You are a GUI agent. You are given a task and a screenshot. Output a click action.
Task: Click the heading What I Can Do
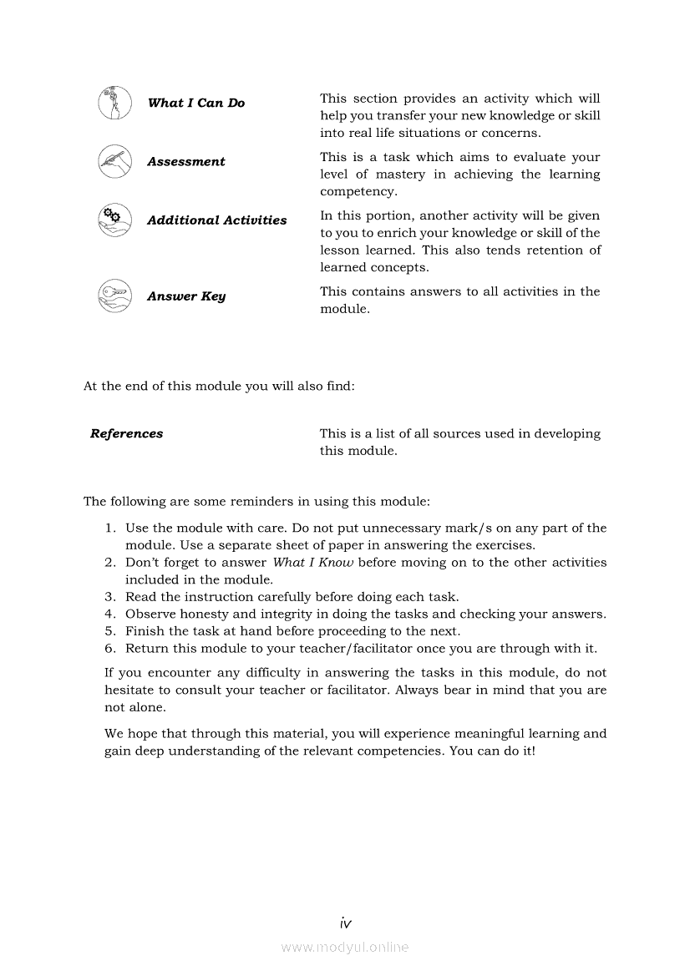coord(196,104)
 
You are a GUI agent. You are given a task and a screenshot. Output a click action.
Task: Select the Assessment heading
coord(185,162)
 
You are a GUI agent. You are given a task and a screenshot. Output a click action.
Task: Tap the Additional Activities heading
coord(216,220)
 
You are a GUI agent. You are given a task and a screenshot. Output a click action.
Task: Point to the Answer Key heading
coord(185,296)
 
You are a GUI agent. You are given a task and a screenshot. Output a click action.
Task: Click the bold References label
coord(126,433)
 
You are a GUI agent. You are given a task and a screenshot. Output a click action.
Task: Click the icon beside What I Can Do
coord(114,104)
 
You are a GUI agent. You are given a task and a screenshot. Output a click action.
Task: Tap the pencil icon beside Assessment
coord(114,161)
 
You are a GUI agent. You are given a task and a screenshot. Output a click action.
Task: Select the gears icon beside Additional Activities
coord(114,220)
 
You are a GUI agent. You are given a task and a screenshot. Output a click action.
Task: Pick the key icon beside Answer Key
coord(114,296)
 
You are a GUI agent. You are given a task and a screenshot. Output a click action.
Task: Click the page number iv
coord(345,923)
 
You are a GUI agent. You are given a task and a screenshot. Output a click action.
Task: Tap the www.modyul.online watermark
coord(345,947)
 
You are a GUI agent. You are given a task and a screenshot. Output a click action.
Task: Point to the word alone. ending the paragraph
coord(146,707)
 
